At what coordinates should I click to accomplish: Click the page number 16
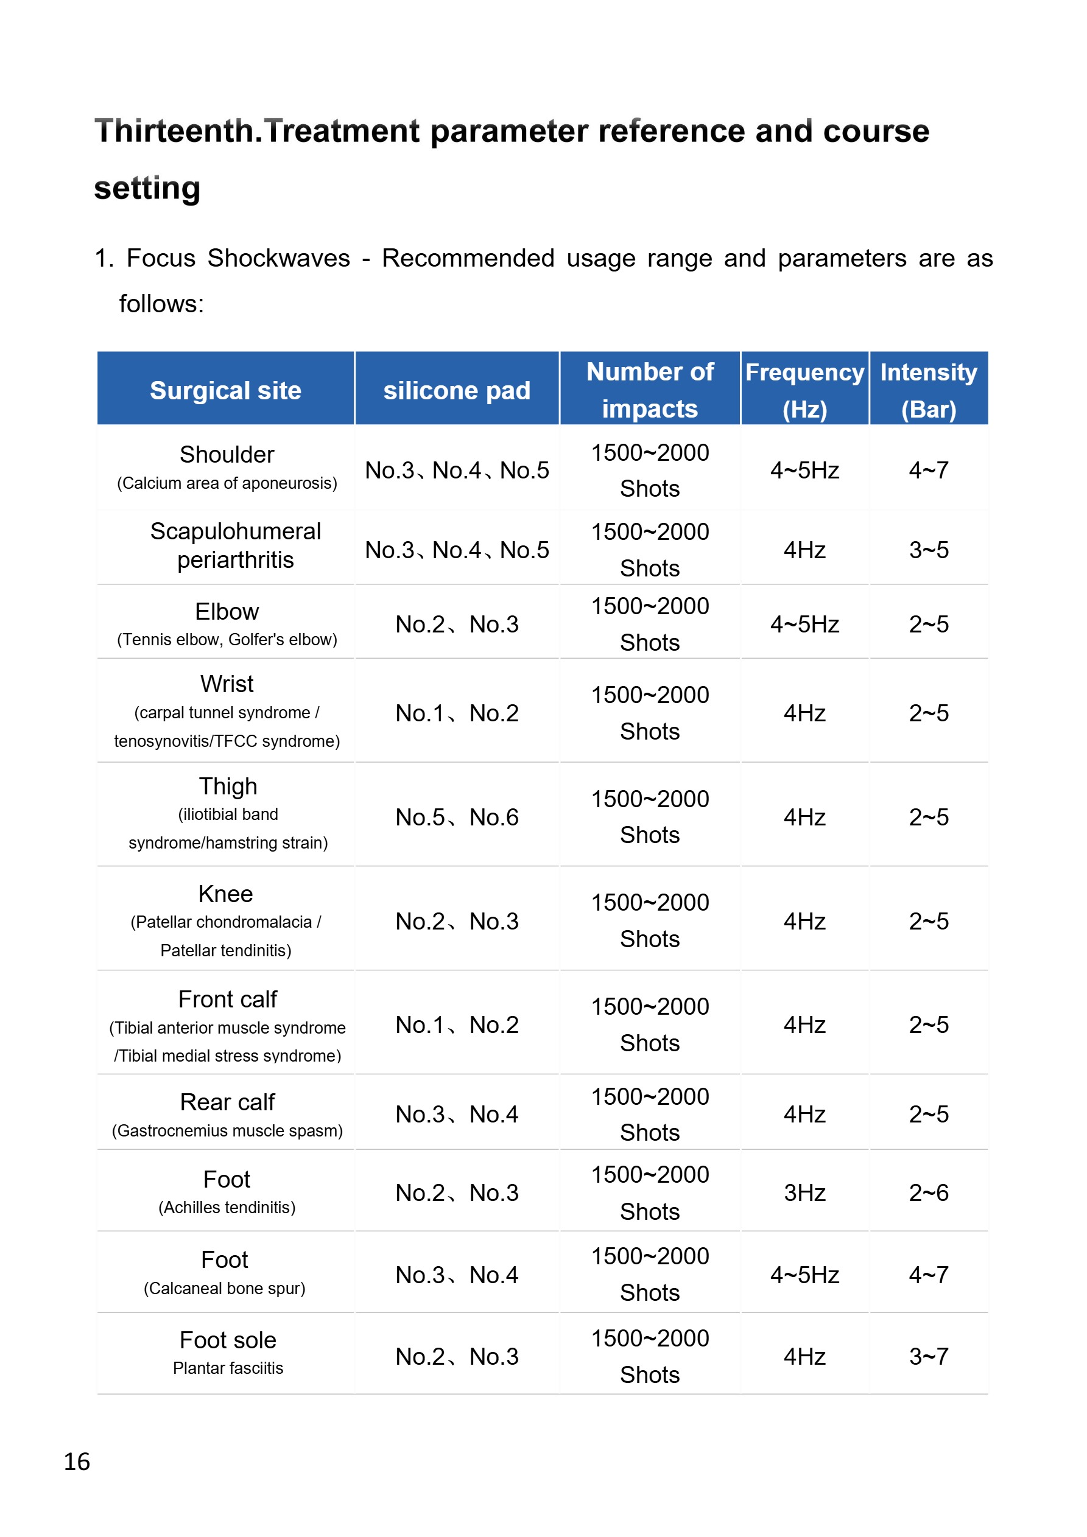point(76,1462)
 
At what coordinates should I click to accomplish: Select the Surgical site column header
point(226,390)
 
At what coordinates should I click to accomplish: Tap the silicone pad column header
point(457,390)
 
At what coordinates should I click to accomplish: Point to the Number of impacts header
point(650,390)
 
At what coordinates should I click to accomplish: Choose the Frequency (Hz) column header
point(804,390)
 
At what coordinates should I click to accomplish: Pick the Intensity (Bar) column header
point(928,390)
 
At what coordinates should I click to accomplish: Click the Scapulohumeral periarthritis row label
point(235,545)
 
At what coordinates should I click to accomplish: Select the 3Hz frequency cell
point(804,1192)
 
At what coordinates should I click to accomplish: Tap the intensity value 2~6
point(928,1192)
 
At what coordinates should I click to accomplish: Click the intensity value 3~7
point(928,1356)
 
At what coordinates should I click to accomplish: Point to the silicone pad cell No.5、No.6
point(457,817)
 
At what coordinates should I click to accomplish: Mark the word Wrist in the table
point(227,684)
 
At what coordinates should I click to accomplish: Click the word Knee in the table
point(226,894)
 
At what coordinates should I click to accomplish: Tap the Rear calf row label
point(228,1102)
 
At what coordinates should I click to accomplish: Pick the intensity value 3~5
point(928,550)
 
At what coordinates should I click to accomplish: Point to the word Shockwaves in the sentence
point(279,257)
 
